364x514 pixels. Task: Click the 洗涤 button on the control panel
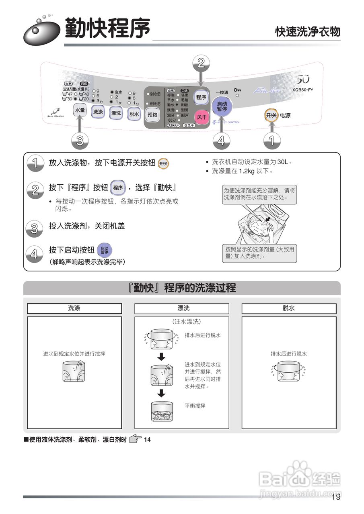(98, 112)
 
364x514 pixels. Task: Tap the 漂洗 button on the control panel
(116, 113)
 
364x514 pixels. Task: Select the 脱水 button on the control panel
(134, 114)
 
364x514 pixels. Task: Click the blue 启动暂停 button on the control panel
(222, 106)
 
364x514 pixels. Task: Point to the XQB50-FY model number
(302, 90)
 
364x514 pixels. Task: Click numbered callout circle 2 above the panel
(202, 62)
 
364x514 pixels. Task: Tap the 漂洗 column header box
(182, 308)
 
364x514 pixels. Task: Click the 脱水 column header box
(289, 308)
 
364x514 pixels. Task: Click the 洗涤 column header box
(74, 308)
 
